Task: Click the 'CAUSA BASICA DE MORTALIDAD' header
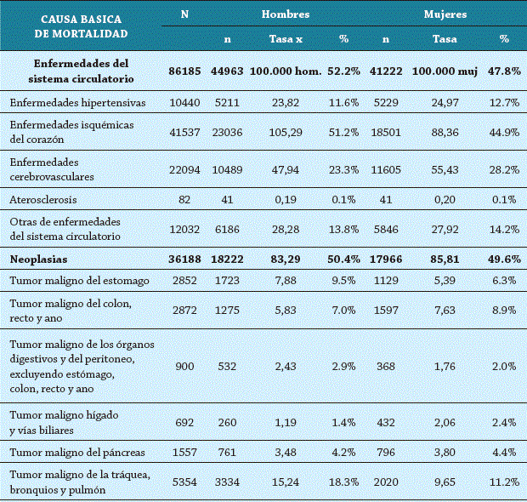(81, 26)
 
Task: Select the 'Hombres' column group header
(286, 14)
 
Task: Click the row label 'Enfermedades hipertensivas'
(77, 103)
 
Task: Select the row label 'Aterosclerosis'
(44, 199)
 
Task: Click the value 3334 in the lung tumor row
(227, 482)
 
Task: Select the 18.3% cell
(344, 482)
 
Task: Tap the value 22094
(183, 170)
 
